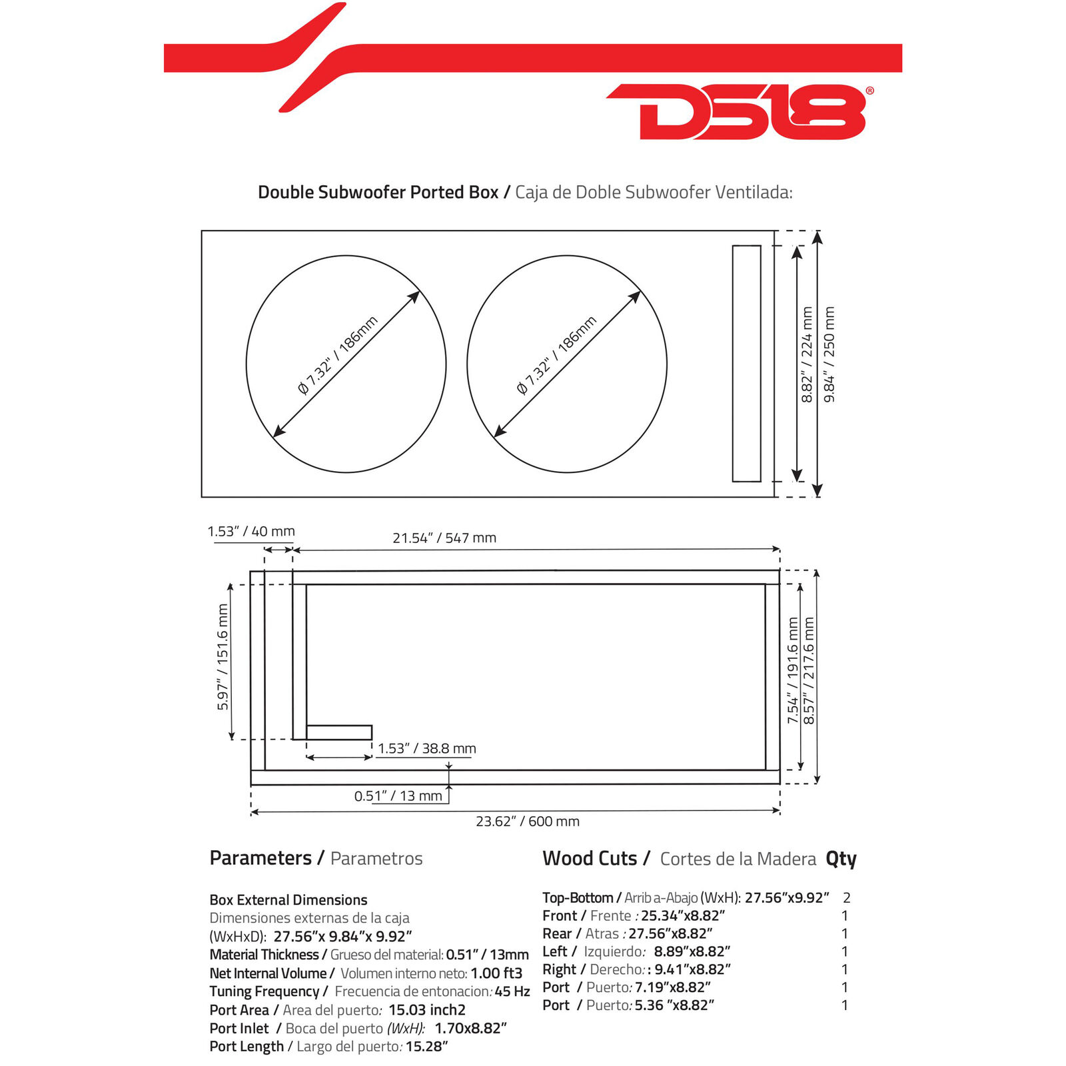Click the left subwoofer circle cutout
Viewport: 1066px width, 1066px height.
(247, 364)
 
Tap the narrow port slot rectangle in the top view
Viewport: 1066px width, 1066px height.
(733, 363)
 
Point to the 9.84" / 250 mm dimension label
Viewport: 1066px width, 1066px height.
(829, 354)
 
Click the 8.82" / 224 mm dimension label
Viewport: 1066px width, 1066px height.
(807, 354)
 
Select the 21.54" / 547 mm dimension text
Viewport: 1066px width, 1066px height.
(444, 538)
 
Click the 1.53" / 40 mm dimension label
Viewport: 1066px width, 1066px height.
(251, 531)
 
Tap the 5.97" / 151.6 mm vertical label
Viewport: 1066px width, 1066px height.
(223, 657)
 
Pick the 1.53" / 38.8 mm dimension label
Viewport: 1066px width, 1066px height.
(427, 748)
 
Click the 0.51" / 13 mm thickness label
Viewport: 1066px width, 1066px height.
(398, 796)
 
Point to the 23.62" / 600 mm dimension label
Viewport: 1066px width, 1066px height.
(528, 821)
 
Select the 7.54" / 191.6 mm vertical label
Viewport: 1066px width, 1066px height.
(793, 670)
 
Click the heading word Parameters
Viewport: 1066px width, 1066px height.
(261, 857)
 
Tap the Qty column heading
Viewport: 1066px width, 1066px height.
(841, 859)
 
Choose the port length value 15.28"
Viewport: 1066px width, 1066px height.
(426, 1046)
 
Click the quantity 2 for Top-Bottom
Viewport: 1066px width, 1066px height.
(846, 897)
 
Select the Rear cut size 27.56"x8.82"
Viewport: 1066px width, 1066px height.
(670, 933)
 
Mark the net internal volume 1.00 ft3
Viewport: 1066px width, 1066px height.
(496, 973)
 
